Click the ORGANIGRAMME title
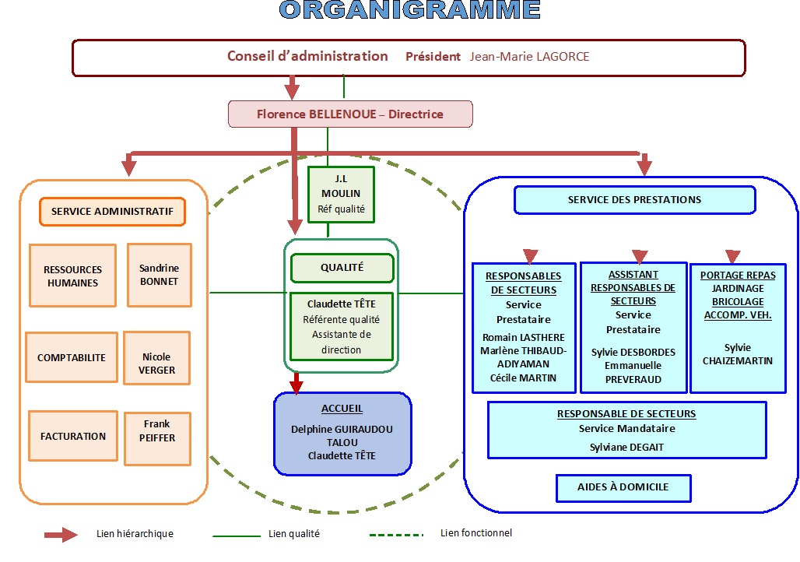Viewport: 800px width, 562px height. (409, 9)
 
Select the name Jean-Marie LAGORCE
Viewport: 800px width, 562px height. (529, 57)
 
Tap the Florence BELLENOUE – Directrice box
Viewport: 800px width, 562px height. (350, 114)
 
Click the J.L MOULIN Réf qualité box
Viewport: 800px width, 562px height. (341, 194)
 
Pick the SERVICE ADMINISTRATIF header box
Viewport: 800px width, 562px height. (114, 212)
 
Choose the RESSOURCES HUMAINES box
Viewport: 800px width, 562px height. (72, 276)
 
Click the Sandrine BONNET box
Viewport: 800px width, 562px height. (159, 275)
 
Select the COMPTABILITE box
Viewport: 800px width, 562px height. (72, 358)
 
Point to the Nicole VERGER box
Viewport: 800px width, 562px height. (156, 358)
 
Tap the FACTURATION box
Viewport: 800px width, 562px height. (73, 436)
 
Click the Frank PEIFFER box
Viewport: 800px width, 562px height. (157, 438)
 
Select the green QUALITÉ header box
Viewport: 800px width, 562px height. (342, 268)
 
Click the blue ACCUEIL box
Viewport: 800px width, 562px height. (342, 433)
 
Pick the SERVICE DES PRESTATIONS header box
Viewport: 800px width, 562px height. (634, 200)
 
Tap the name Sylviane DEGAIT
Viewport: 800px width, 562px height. (626, 447)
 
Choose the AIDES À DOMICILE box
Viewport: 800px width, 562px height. (623, 487)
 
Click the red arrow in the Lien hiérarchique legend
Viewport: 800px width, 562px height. (61, 535)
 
